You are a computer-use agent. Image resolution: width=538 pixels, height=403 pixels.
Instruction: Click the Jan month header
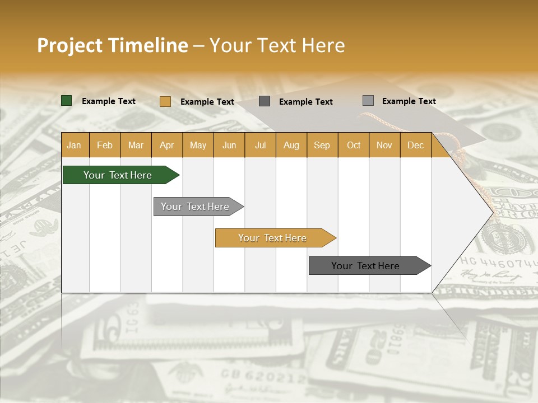(74, 145)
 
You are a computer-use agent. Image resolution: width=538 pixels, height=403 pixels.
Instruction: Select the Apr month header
(166, 145)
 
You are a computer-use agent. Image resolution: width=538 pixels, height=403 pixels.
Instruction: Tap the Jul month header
(260, 145)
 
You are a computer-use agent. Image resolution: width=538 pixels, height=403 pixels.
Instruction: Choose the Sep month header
(322, 145)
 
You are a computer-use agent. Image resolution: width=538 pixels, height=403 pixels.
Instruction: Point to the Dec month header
(415, 145)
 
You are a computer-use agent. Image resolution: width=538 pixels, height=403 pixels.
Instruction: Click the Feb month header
(105, 145)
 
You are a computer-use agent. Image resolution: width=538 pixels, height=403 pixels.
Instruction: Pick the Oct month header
(354, 145)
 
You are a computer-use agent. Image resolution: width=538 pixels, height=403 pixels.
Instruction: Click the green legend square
(66, 101)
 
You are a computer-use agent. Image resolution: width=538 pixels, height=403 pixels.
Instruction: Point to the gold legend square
(165, 101)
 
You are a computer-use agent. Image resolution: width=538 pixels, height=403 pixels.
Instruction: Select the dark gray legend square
(265, 101)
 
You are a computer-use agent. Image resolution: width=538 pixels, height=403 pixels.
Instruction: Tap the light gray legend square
(368, 101)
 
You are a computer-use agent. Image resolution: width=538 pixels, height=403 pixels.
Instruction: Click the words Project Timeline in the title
(112, 45)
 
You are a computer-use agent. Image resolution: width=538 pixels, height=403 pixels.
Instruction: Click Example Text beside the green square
(109, 101)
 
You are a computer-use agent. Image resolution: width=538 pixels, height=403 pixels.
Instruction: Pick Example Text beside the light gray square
(409, 101)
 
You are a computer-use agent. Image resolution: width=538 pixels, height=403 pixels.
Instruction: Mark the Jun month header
(229, 145)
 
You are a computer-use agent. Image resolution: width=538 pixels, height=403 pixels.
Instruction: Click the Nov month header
(384, 145)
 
